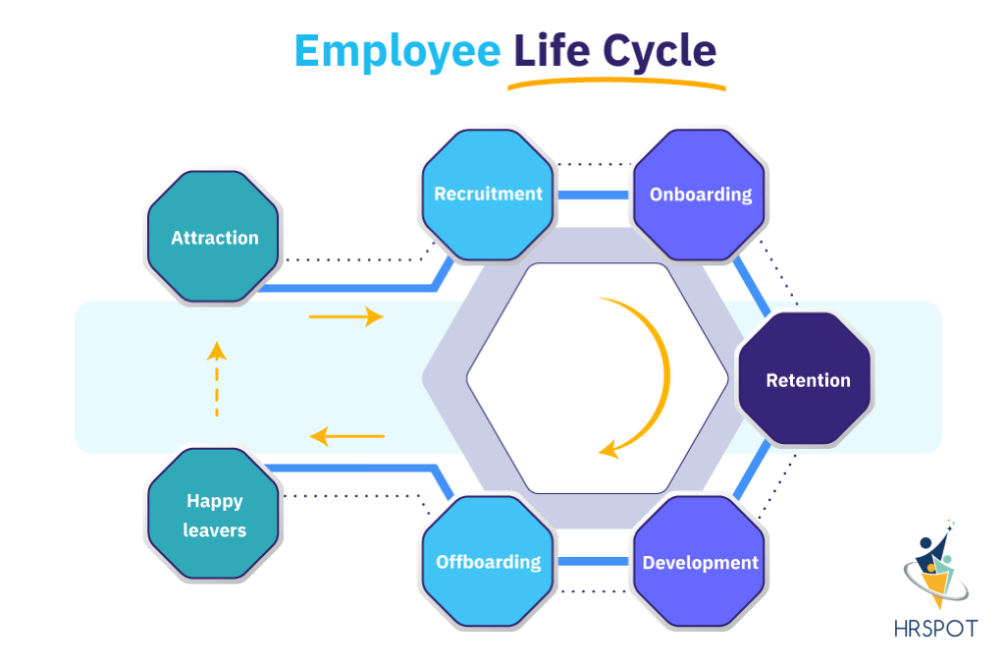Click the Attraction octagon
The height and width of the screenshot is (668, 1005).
214,238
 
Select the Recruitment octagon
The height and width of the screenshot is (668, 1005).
488,195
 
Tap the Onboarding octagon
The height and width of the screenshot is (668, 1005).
700,195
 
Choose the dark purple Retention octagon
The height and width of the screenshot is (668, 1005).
807,380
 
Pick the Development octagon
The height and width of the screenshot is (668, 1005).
700,563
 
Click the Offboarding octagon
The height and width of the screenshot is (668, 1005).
488,563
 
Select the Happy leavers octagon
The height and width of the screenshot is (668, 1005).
215,515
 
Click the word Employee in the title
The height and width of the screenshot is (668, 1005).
397,51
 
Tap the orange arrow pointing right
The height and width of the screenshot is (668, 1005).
345,317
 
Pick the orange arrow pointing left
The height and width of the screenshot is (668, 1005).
346,435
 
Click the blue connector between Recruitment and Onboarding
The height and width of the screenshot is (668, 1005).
593,195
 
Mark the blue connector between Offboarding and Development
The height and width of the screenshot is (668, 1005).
593,562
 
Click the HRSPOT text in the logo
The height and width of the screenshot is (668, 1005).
935,629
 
